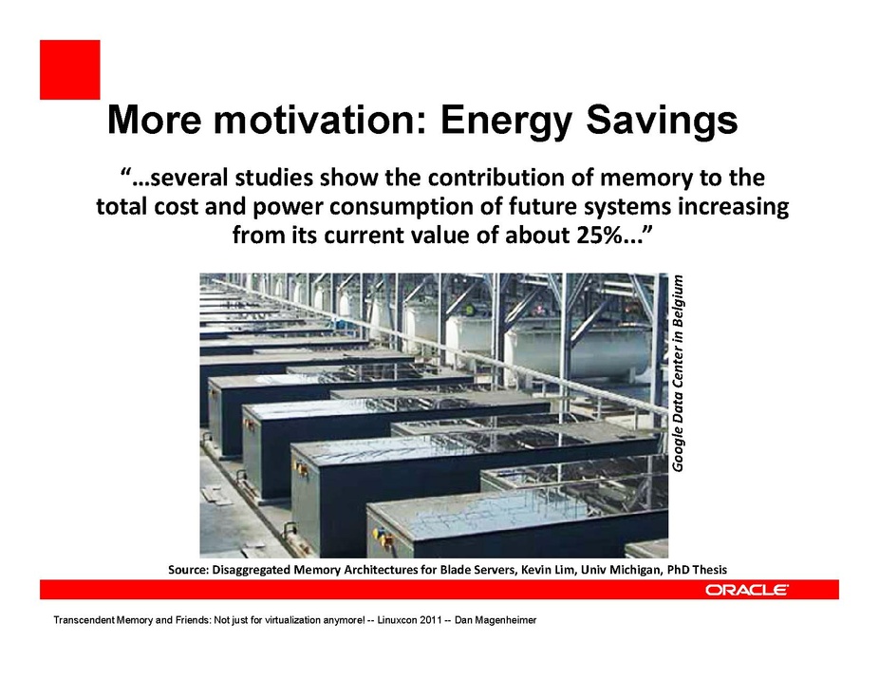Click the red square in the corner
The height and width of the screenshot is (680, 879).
point(70,69)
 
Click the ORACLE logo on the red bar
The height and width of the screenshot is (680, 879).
point(747,590)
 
